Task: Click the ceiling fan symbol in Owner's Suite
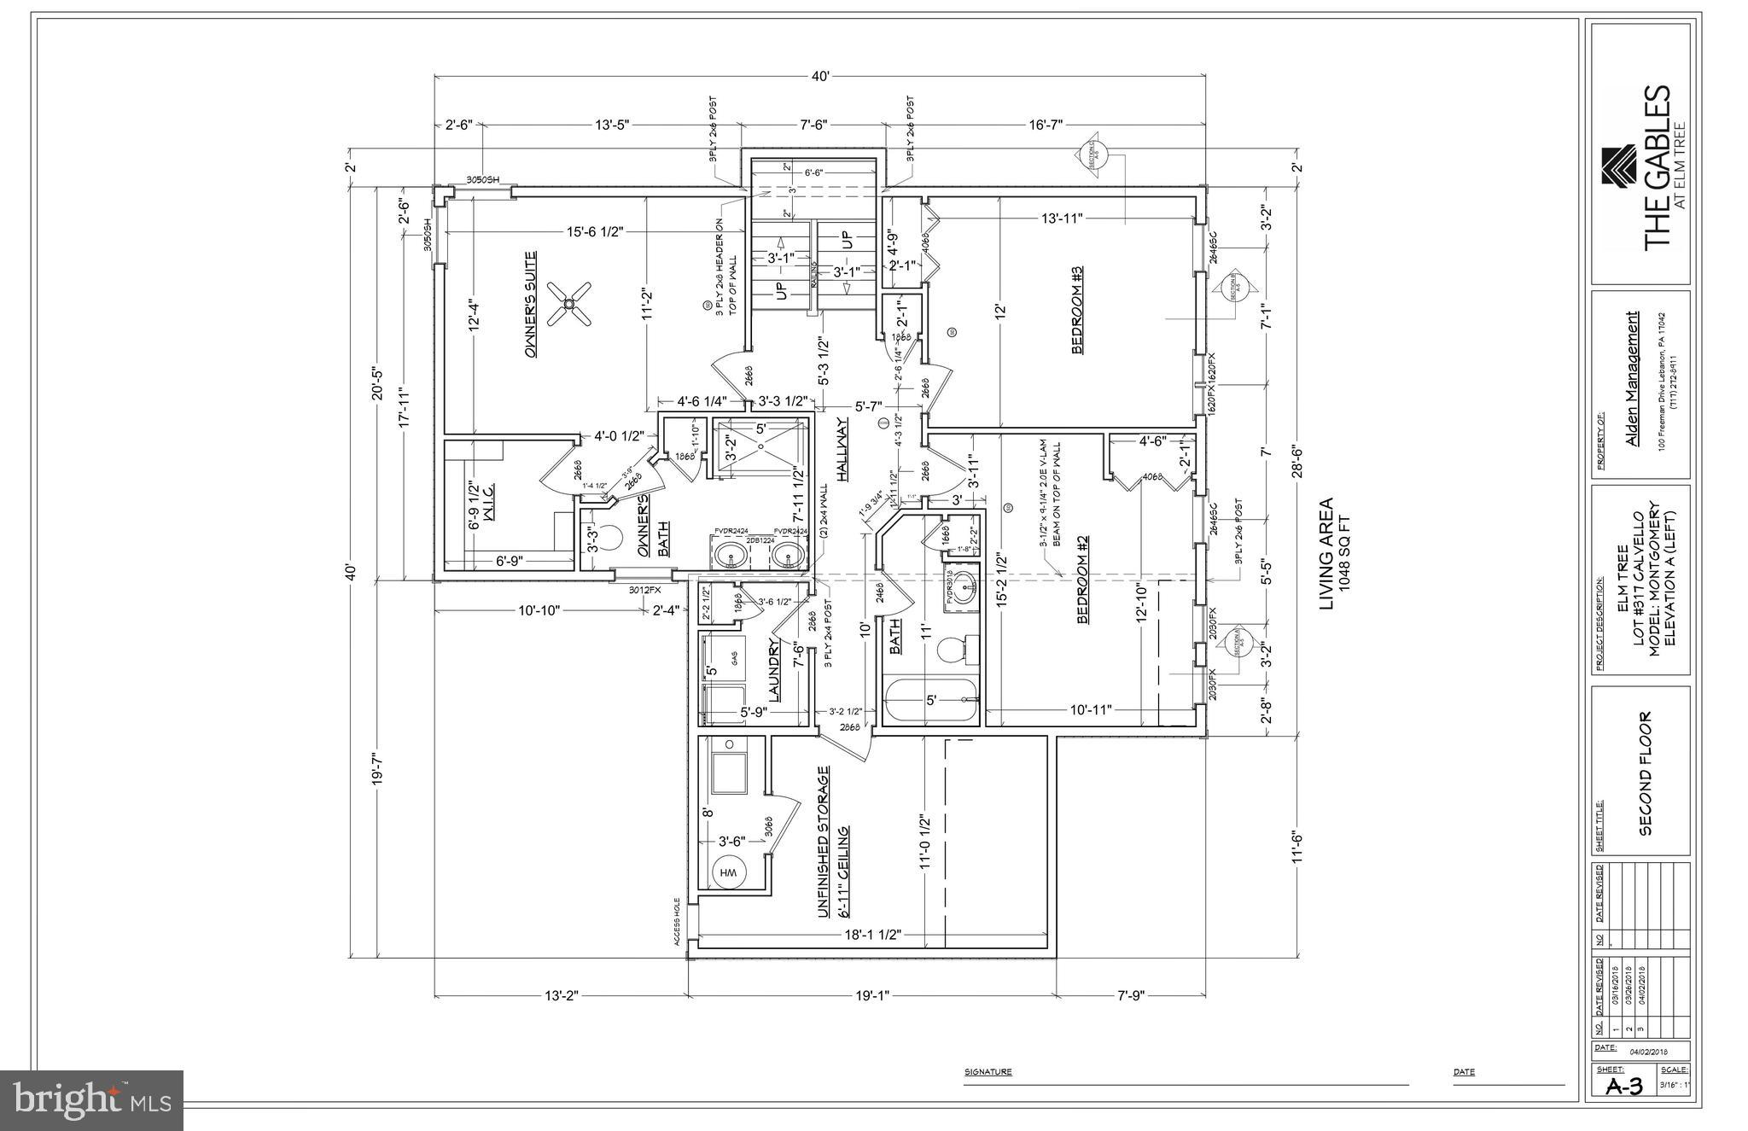click(x=568, y=304)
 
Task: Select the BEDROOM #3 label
click(x=1077, y=309)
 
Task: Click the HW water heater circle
click(x=729, y=873)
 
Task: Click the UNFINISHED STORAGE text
click(x=823, y=841)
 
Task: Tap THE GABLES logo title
click(x=1657, y=178)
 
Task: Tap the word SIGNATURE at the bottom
click(x=988, y=1071)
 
